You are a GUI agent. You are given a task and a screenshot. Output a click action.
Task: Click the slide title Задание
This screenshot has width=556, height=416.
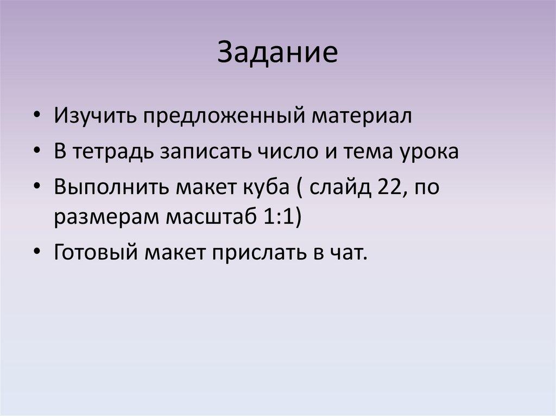coord(277,52)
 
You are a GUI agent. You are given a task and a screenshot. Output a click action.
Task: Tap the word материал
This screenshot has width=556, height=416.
coord(362,116)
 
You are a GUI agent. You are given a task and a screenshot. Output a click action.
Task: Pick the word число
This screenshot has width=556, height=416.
coord(291,151)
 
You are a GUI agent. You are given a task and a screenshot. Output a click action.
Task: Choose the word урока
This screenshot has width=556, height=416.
coord(429,152)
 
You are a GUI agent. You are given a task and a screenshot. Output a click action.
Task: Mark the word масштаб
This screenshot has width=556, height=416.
coord(211,217)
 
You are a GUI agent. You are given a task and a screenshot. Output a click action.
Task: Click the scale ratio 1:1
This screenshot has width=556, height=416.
coord(279,216)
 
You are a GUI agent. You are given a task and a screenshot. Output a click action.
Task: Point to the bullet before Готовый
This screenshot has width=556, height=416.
coord(36,252)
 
